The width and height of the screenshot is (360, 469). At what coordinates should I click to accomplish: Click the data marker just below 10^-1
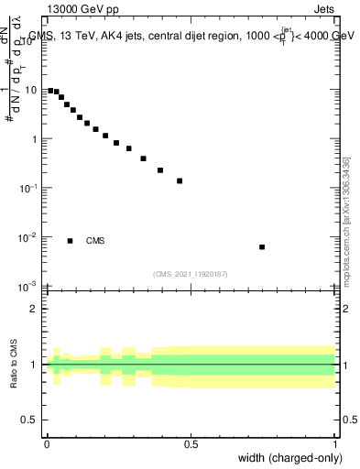(x=180, y=181)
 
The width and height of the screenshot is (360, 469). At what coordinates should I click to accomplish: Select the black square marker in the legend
(x=70, y=241)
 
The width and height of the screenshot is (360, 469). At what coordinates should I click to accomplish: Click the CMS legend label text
(x=95, y=242)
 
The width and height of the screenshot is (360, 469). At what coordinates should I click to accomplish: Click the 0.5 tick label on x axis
(x=191, y=444)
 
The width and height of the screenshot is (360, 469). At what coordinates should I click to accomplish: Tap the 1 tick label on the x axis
(x=335, y=444)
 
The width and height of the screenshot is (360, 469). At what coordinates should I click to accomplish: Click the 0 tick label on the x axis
(x=47, y=444)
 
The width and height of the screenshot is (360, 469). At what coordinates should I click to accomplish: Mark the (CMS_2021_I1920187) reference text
(x=191, y=274)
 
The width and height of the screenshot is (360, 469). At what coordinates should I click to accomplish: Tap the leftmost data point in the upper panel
(x=50, y=91)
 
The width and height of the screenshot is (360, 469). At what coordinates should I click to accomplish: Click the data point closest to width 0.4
(x=160, y=170)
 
